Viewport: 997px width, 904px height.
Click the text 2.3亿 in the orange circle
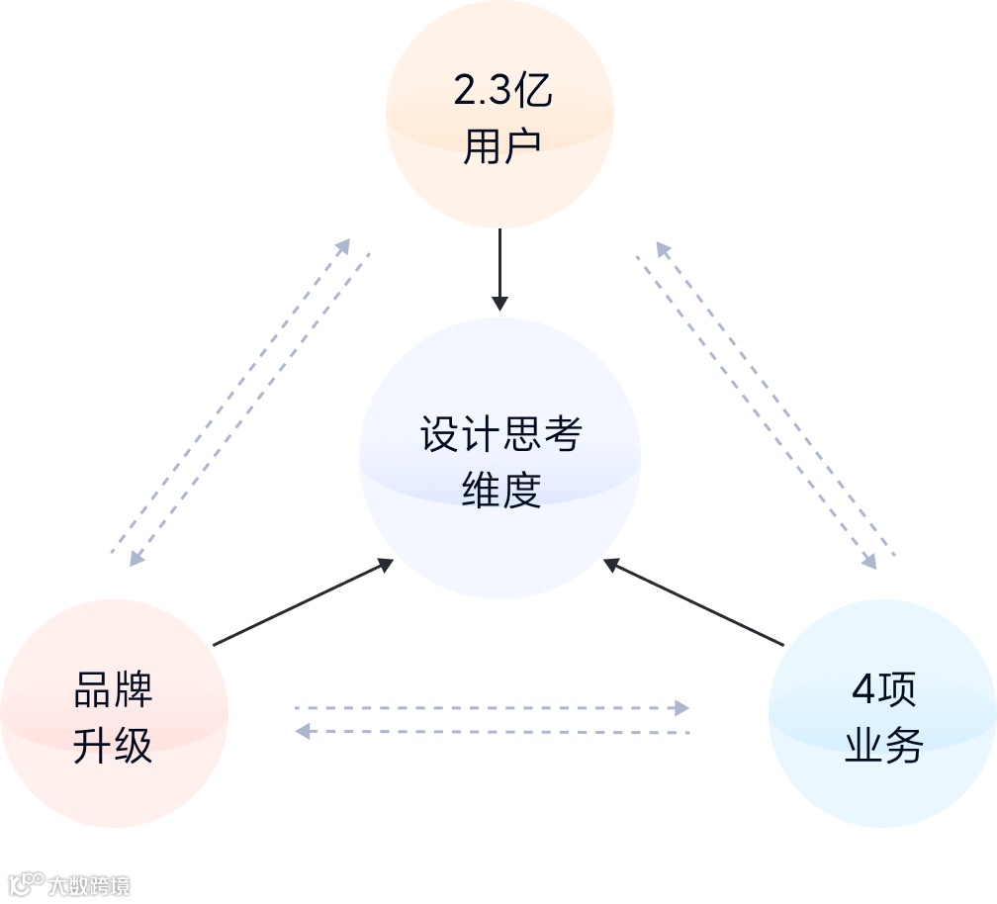click(502, 92)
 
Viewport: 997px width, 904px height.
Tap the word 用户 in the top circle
click(502, 147)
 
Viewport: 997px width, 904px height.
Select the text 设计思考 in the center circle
click(500, 434)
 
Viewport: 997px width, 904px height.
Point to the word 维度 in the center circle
click(501, 490)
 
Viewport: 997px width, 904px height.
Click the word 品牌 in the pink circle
click(113, 690)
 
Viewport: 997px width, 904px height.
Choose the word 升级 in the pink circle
click(113, 746)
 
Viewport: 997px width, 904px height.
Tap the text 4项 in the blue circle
click(883, 690)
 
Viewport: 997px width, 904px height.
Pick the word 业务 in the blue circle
click(883, 746)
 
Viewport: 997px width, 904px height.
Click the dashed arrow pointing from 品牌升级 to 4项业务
click(492, 708)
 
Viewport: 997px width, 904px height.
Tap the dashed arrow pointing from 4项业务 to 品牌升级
click(492, 732)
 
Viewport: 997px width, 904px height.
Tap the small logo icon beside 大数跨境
click(27, 883)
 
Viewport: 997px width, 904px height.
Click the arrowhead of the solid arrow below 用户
click(499, 303)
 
